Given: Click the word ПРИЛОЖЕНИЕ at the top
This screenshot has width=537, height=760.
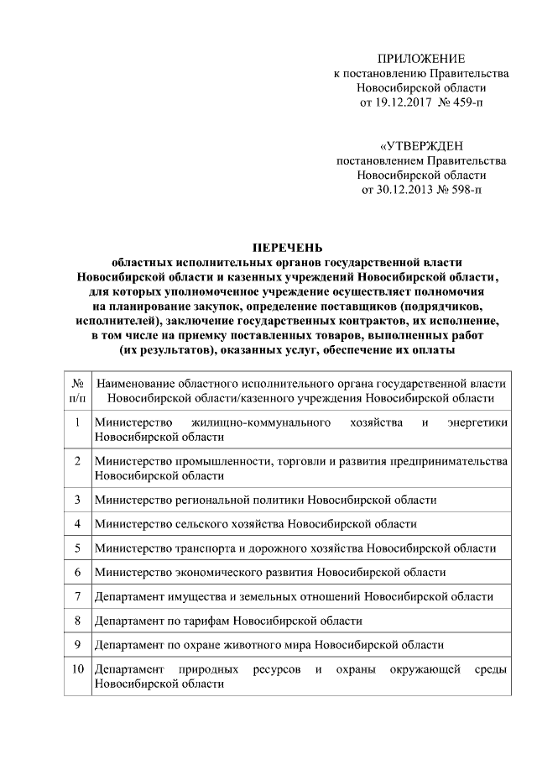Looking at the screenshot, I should coord(420,58).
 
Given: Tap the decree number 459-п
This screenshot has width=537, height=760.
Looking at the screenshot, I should coord(465,102).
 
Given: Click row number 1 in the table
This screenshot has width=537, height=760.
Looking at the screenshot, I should coord(77,422).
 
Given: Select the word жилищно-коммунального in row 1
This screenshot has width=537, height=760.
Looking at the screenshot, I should coord(260,422).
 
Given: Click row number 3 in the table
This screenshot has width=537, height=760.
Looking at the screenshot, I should coord(77,500).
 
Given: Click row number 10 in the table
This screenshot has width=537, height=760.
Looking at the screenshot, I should coord(79,670).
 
